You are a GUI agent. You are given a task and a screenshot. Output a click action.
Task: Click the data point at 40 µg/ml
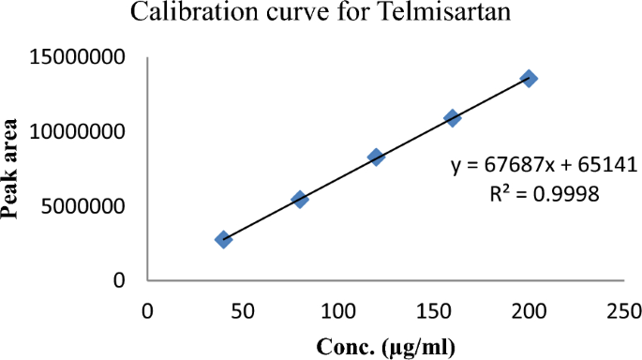[223, 239]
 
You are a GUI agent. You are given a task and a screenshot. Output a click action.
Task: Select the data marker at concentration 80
[300, 199]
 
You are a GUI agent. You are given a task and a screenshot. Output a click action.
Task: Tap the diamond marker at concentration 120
[376, 157]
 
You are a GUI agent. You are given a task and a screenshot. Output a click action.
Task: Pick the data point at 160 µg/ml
[453, 118]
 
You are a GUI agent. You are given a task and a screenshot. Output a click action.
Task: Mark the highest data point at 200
[530, 79]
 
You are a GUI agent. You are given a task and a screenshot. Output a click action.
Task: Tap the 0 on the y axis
[119, 280]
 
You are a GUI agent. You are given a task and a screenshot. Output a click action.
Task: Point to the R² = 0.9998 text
[535, 195]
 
